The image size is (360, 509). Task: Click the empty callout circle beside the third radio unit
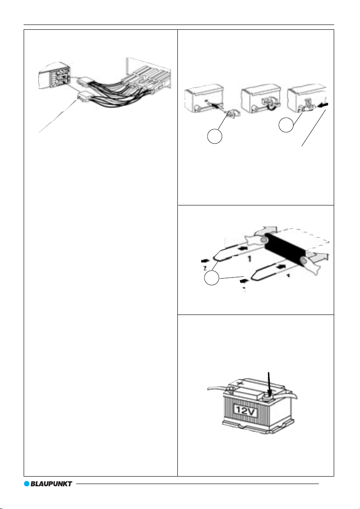point(286,125)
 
